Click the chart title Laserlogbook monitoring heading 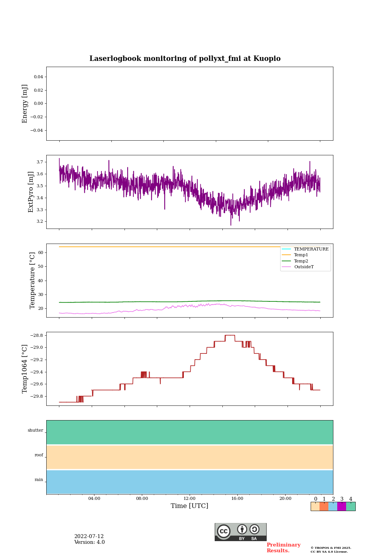click(185, 59)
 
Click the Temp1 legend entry click(301, 255)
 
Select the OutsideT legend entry click(304, 267)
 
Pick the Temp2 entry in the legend click(301, 261)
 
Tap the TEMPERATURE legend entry click(311, 249)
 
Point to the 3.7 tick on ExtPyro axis click(40, 162)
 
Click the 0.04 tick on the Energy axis click(38, 77)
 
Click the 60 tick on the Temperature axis click(41, 253)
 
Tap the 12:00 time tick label click(190, 499)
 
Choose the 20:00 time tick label click(285, 499)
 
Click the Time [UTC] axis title click(190, 506)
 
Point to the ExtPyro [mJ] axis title click(31, 192)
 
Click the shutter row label click(35, 431)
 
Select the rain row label click(39, 480)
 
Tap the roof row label click(39, 455)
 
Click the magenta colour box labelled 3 click(341, 506)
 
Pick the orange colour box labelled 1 click(324, 506)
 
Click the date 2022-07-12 click(89, 536)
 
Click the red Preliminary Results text click(283, 548)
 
